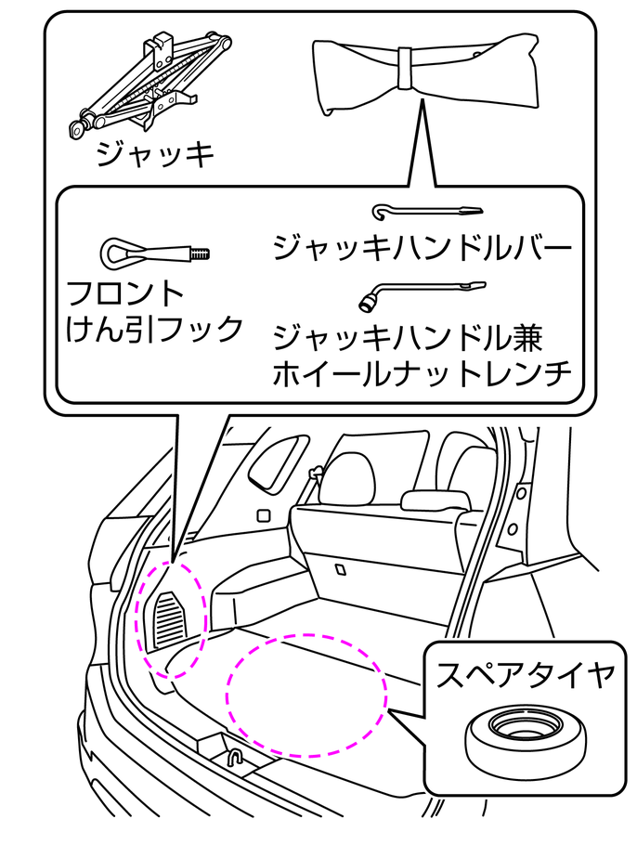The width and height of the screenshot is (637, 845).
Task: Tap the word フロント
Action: coord(125,294)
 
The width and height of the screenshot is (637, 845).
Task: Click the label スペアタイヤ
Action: coord(525,675)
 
